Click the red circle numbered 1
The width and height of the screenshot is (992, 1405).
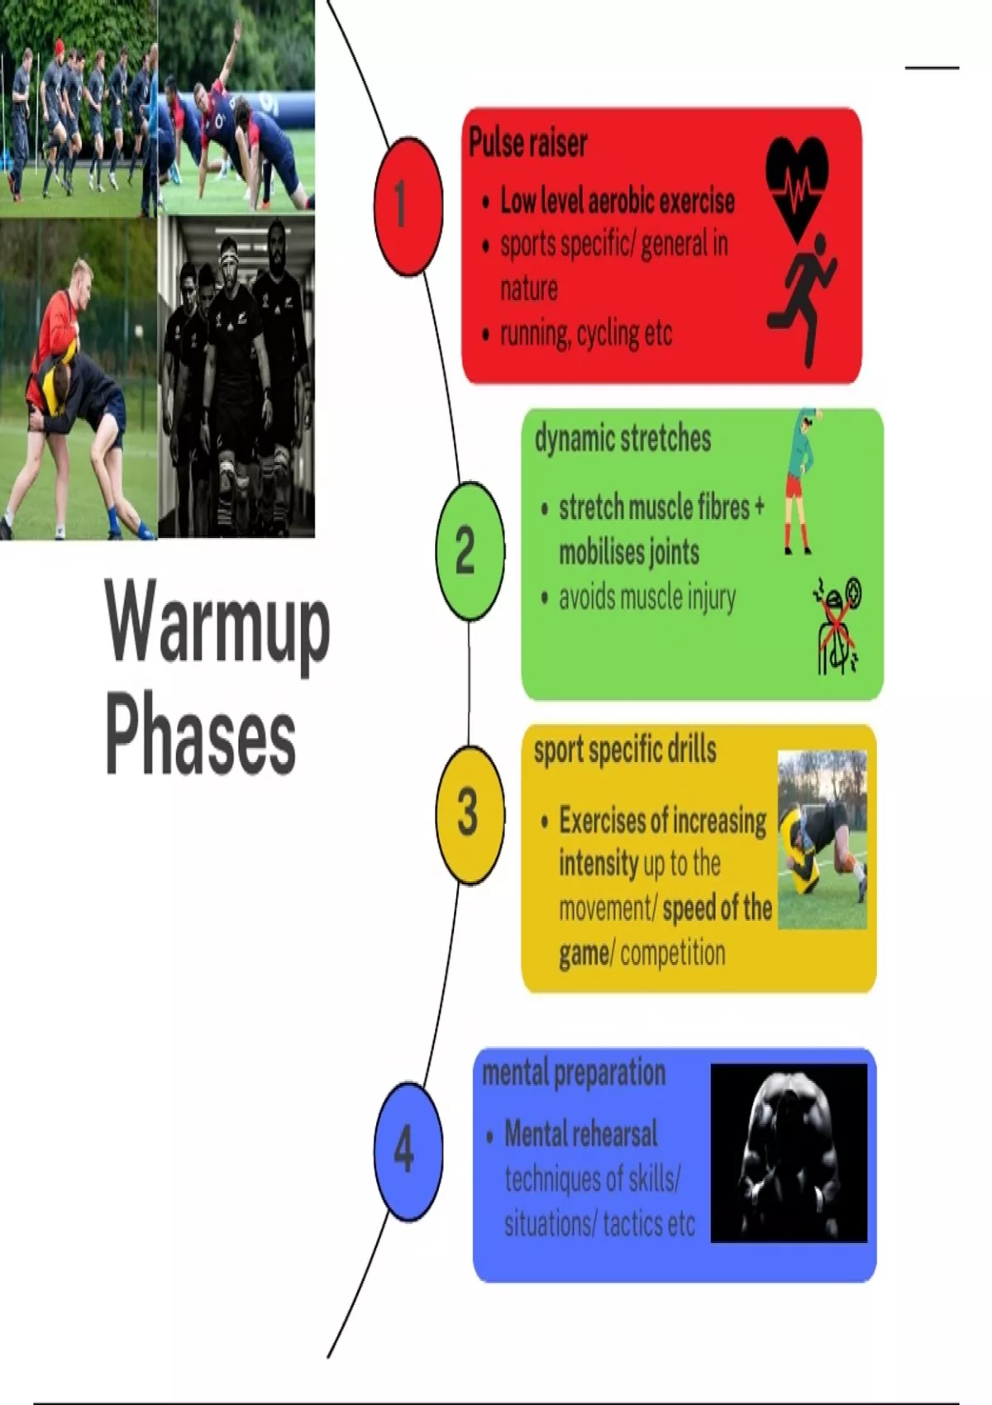click(404, 205)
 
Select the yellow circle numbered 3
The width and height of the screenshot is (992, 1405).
click(469, 813)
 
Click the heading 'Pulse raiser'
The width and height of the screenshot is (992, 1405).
click(528, 143)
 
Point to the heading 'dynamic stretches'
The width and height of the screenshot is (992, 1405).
click(622, 438)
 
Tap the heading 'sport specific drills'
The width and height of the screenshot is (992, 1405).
click(625, 750)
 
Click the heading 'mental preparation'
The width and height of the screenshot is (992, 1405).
click(574, 1073)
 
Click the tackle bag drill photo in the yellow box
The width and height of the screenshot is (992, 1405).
click(822, 839)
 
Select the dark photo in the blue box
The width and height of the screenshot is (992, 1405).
click(789, 1152)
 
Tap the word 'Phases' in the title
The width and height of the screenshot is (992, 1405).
click(200, 736)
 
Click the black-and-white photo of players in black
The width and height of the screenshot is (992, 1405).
click(236, 376)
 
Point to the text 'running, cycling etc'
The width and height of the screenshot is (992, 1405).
click(585, 334)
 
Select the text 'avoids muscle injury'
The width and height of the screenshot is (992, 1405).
click(646, 597)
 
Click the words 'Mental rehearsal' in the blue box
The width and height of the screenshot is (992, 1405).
click(580, 1134)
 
